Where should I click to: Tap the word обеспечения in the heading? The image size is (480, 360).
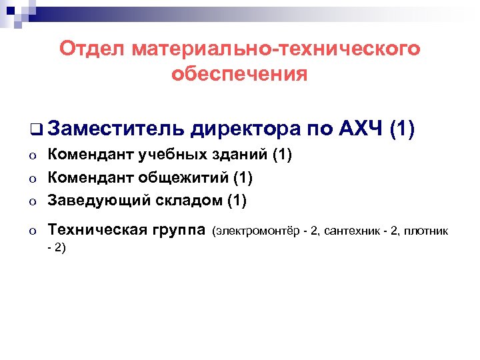239,74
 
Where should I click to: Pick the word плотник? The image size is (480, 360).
427,231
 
